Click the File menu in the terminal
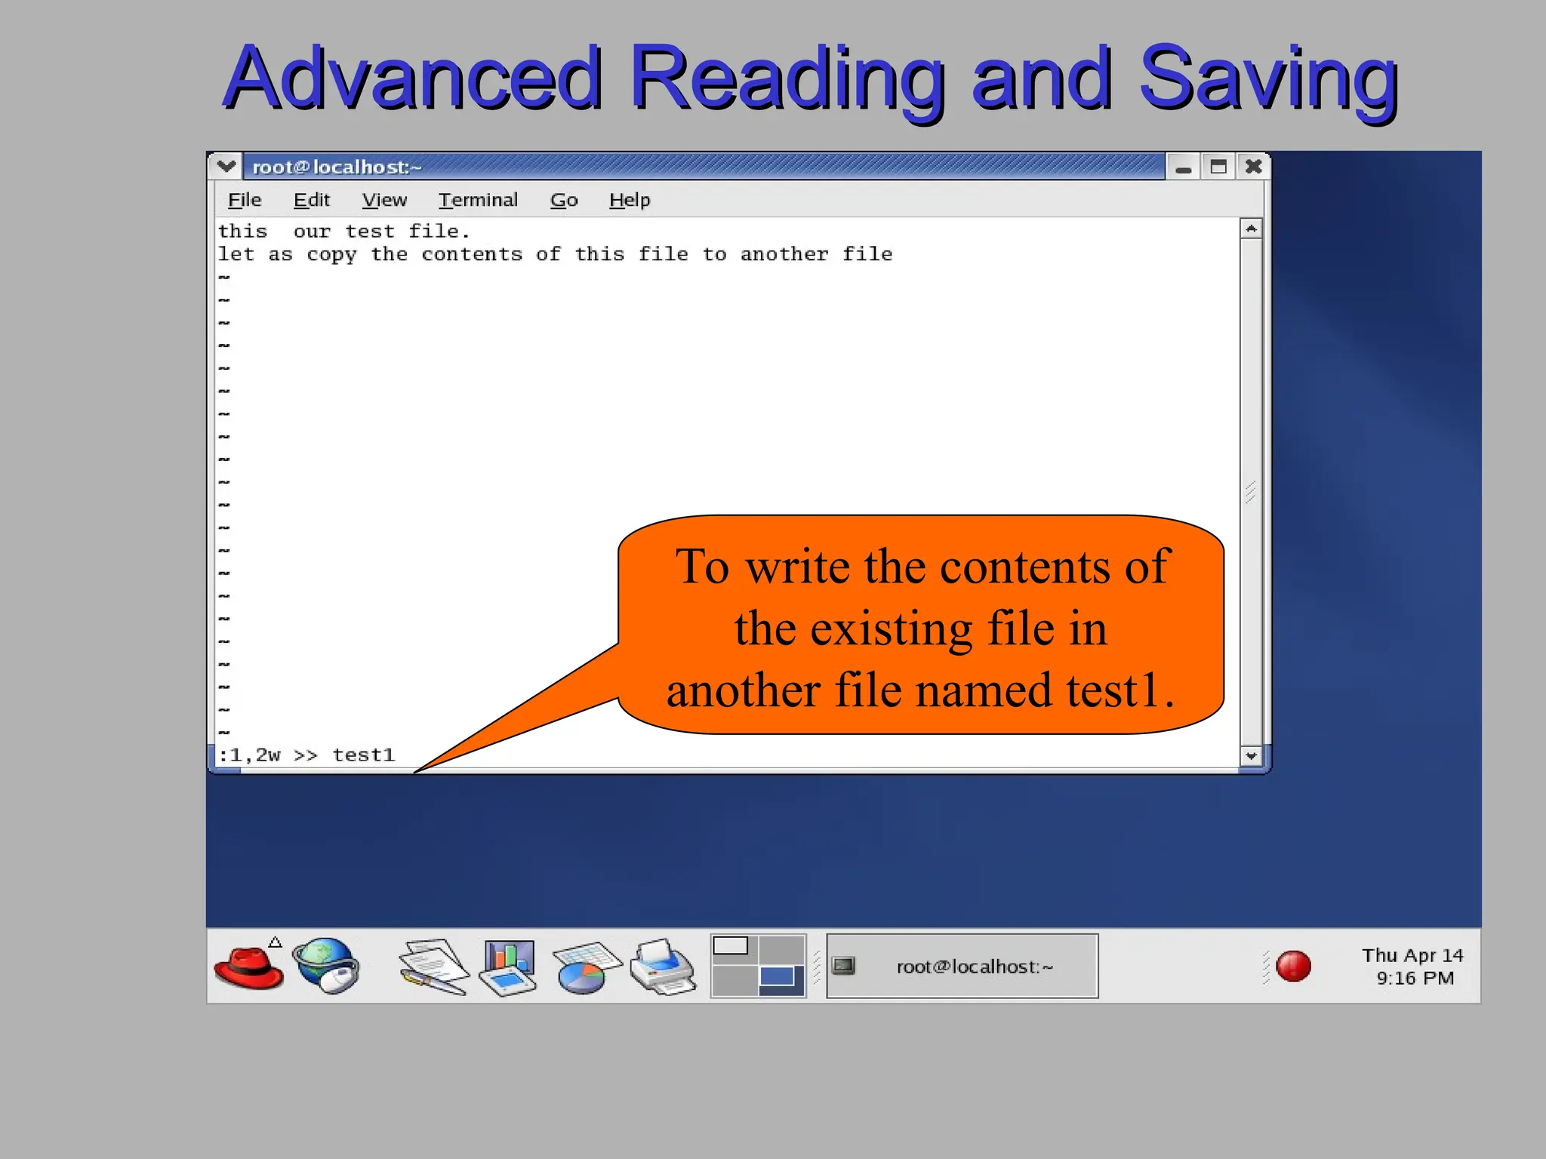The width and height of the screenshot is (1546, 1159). click(245, 200)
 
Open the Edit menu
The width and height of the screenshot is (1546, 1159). click(312, 200)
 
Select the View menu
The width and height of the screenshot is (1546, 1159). click(384, 200)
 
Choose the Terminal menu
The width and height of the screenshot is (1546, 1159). click(478, 200)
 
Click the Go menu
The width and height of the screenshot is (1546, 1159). click(564, 200)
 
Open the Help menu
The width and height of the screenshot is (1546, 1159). click(630, 200)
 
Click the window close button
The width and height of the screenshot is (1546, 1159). click(1253, 167)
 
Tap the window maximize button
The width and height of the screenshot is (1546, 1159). click(1218, 167)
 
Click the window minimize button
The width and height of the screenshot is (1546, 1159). click(1183, 168)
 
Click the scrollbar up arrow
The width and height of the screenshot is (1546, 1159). click(1251, 229)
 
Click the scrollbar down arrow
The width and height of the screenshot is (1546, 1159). click(1251, 755)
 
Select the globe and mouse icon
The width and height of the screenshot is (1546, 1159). click(327, 966)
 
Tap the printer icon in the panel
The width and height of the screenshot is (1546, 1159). click(663, 967)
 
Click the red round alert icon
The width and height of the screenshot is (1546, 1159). click(1293, 966)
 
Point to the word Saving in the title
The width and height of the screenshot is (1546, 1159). click(1268, 78)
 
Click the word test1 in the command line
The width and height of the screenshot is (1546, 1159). click(364, 755)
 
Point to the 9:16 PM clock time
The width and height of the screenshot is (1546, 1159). click(1415, 979)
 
